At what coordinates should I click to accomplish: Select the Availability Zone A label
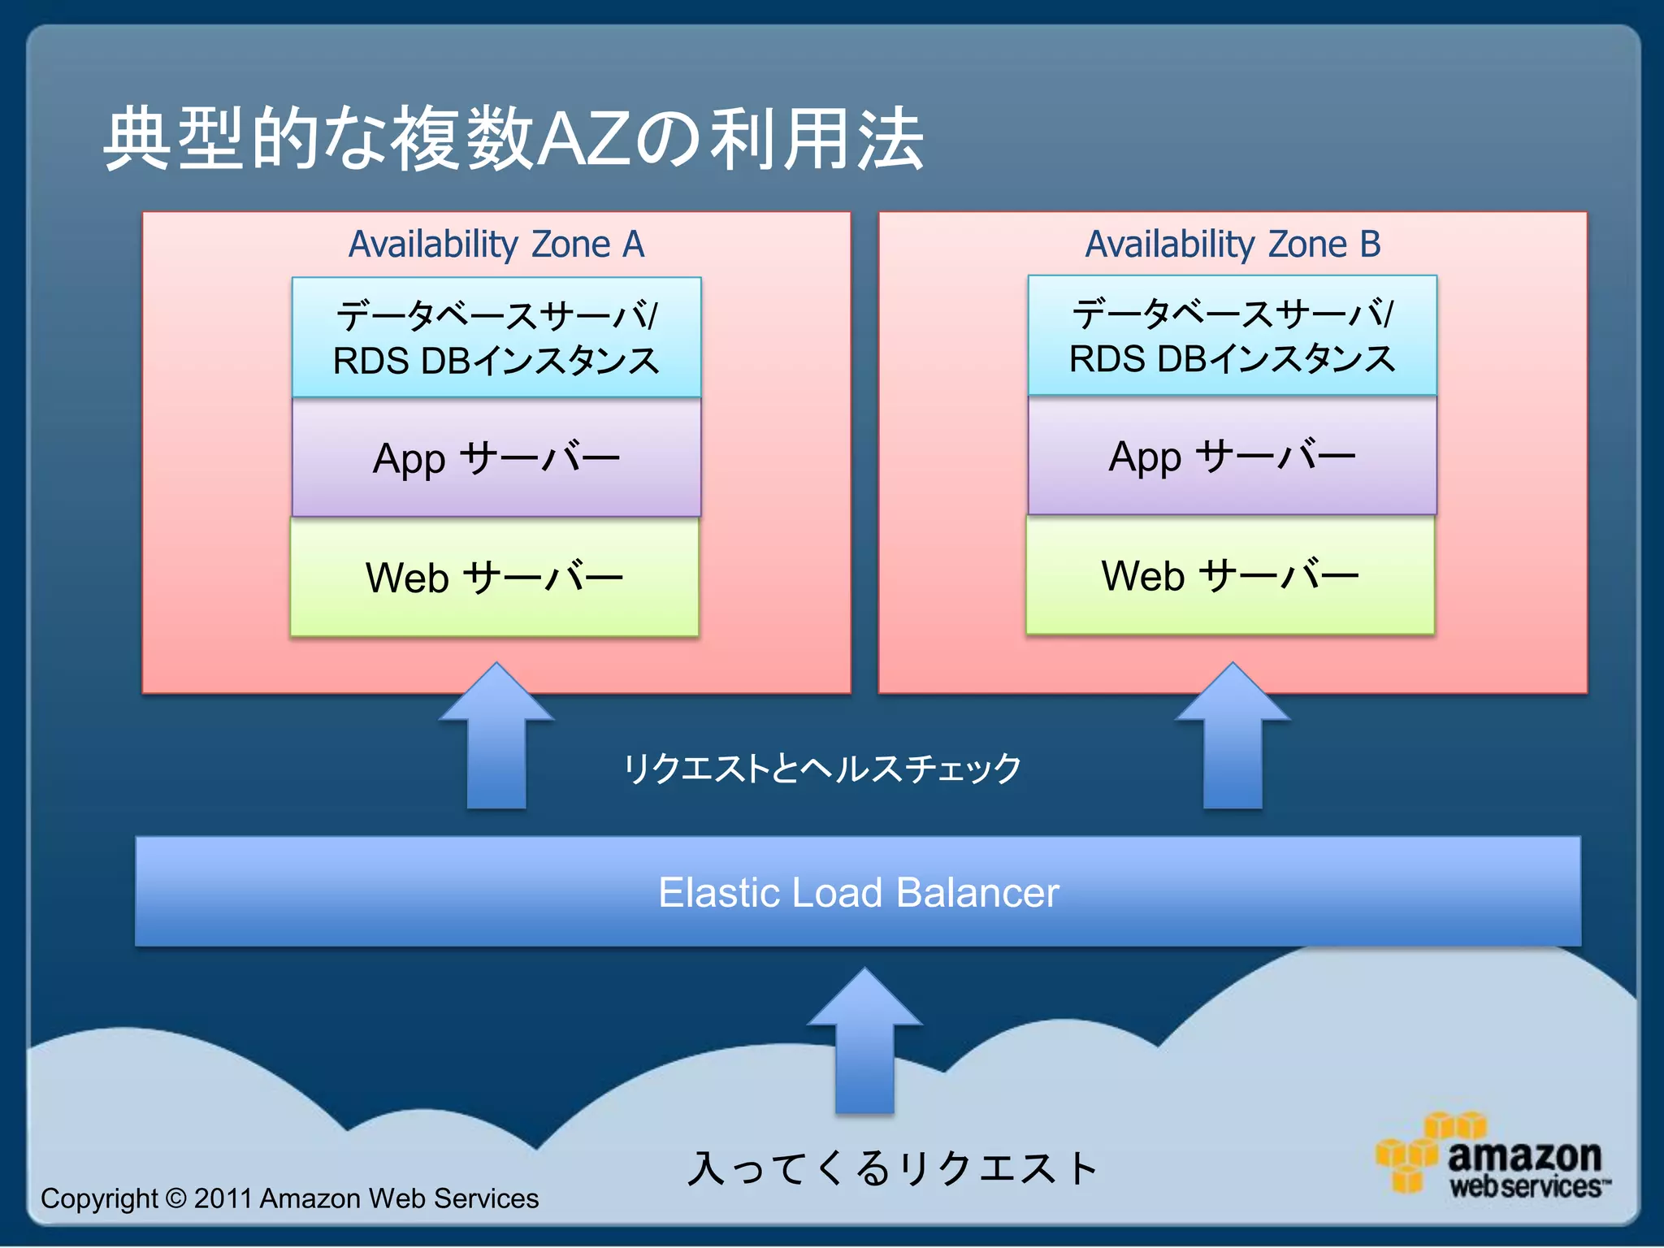coord(496,244)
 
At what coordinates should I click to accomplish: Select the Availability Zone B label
coord(1233,244)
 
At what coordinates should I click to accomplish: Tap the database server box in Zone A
coord(496,337)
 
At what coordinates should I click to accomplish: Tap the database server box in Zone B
coord(1232,336)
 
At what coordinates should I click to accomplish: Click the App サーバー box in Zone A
coord(496,457)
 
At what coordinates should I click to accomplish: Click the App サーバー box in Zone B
coord(1232,456)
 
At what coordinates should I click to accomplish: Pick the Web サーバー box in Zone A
coord(494,577)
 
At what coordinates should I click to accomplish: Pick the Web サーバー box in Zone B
coord(1230,575)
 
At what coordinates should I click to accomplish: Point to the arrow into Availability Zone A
coord(496,739)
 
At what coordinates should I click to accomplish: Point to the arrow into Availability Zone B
coord(1233,739)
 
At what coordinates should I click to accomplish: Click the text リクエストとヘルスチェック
coord(822,768)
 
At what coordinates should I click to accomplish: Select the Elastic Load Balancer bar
coord(858,891)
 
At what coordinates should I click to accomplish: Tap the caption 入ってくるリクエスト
coord(892,1168)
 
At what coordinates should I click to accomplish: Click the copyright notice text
coord(289,1198)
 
